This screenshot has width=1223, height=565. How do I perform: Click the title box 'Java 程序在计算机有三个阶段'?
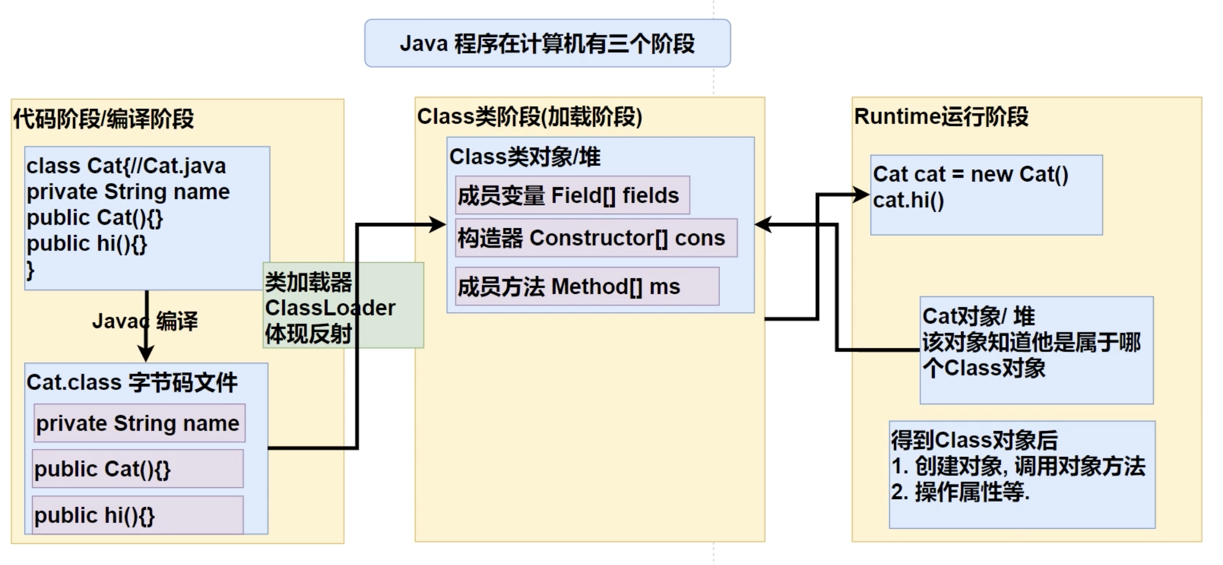point(547,43)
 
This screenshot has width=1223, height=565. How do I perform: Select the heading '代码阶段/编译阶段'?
point(103,118)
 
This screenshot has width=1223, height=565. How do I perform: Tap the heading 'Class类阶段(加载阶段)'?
point(529,116)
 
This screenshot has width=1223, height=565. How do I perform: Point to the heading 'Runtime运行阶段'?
point(941,116)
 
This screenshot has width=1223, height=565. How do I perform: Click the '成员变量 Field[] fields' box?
point(571,195)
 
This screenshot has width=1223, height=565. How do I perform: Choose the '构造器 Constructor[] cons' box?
point(596,238)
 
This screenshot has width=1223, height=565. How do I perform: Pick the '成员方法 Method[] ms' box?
point(587,287)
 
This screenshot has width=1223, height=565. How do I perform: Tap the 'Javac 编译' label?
point(145,321)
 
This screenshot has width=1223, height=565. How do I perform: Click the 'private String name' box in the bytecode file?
point(139,423)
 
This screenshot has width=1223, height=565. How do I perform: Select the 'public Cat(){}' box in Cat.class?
point(138,469)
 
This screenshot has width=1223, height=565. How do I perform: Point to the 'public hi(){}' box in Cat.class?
point(138,515)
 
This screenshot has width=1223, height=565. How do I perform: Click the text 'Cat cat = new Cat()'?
point(971,174)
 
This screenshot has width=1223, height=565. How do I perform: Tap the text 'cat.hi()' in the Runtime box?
point(908,200)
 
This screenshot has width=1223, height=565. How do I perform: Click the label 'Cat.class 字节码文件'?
point(132,382)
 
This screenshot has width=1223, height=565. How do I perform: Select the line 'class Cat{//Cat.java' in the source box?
point(126,166)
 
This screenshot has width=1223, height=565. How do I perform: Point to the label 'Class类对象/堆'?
point(525,157)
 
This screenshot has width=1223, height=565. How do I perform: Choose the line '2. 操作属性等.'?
point(960,492)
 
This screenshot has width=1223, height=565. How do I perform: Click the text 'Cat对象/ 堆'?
point(978,316)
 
